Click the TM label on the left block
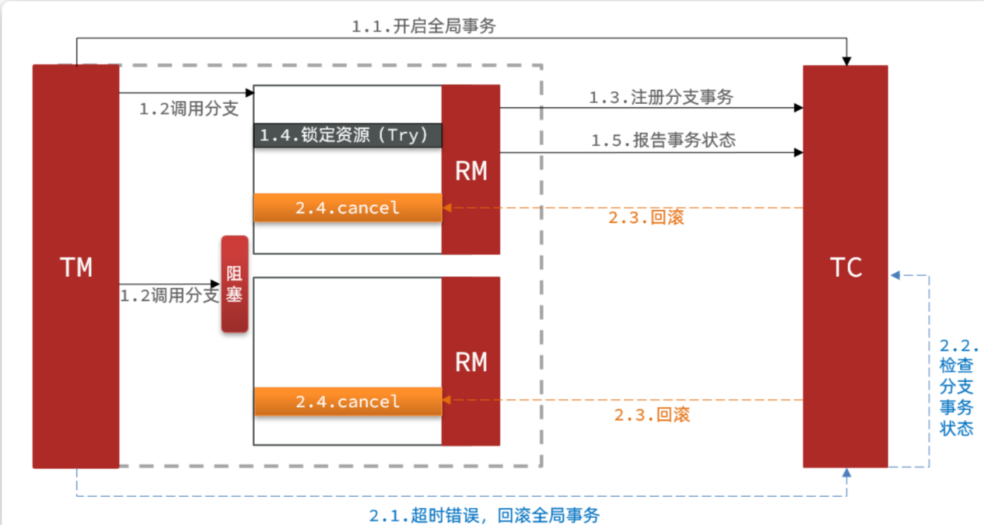point(76,267)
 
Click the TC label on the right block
point(846,267)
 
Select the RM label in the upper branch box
point(471,171)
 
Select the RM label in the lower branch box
point(471,362)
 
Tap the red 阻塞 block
point(234,284)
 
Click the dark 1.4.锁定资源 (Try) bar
point(347,135)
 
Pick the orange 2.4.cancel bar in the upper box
point(347,208)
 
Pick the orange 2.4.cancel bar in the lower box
point(347,401)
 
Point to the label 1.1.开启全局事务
point(423,27)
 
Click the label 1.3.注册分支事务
point(660,98)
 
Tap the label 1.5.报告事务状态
point(663,140)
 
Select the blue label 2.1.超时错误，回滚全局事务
point(484,516)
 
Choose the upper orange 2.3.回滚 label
point(646,218)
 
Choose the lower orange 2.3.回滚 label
point(652,415)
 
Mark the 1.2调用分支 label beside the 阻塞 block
point(169,295)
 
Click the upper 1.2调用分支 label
point(188,109)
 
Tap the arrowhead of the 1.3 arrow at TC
point(798,108)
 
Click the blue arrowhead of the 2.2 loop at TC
point(895,276)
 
